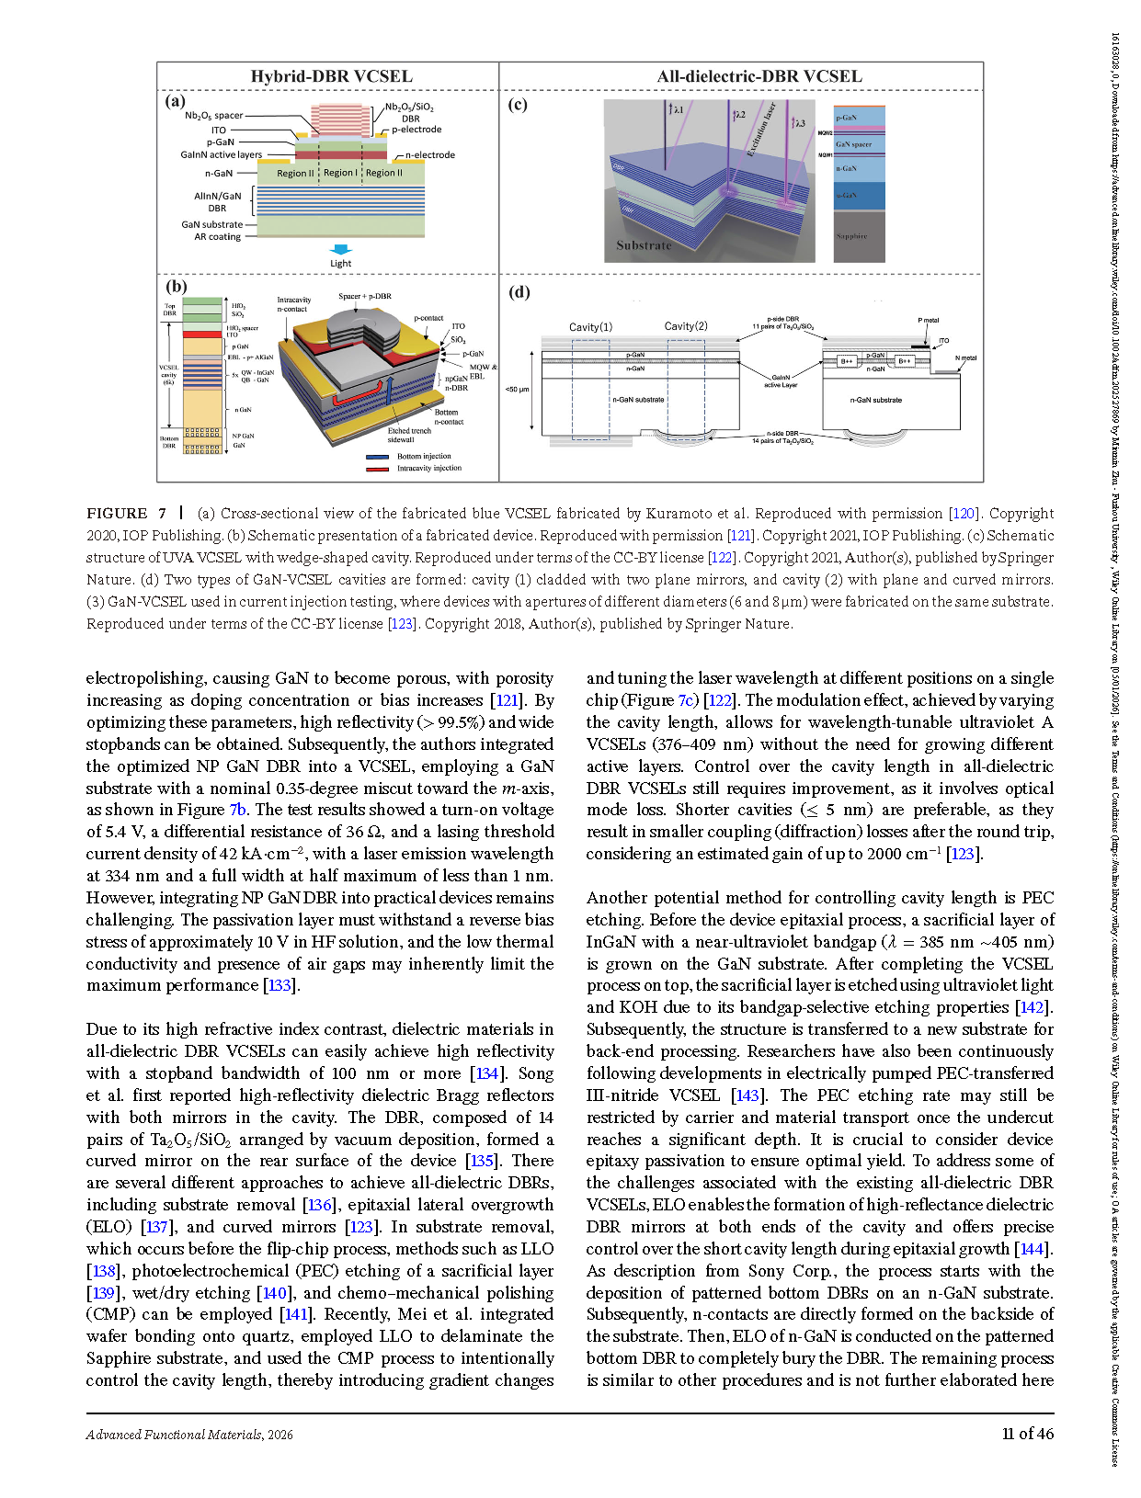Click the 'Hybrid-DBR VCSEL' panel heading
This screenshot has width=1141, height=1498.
pos(331,76)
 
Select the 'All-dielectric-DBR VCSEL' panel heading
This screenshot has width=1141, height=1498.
pos(759,76)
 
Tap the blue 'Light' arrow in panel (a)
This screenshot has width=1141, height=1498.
pos(341,249)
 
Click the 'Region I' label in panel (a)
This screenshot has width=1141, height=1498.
pos(340,173)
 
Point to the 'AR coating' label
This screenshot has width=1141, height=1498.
pos(217,237)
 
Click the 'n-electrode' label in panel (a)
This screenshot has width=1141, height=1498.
pos(429,155)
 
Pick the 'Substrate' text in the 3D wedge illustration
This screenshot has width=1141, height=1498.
pos(644,245)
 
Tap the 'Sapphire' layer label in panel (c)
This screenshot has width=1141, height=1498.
pos(851,236)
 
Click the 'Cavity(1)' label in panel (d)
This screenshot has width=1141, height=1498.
pos(590,327)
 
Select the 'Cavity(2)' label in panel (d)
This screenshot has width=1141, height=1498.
pos(686,326)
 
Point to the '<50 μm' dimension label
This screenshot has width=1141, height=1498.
pos(517,390)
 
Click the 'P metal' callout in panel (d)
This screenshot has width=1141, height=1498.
pos(928,321)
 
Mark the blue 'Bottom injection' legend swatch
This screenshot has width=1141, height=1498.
pos(377,457)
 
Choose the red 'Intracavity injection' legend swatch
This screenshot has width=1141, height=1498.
pos(377,469)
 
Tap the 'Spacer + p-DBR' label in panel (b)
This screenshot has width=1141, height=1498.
pos(364,297)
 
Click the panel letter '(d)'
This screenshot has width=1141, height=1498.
pos(519,292)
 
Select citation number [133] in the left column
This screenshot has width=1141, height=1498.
pos(280,985)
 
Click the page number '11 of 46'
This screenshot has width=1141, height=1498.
pos(1027,1434)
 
